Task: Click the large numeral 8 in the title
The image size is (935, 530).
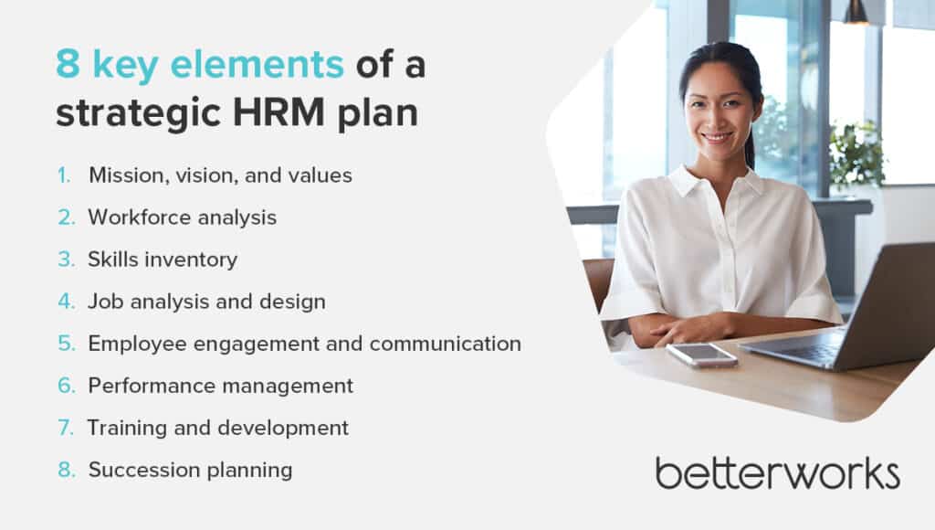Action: [x=68, y=64]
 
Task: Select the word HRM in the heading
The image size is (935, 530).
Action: [x=278, y=111]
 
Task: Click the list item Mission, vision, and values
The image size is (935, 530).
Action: [x=220, y=175]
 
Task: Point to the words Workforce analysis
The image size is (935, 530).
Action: [x=183, y=217]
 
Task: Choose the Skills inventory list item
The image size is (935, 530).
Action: [x=163, y=260]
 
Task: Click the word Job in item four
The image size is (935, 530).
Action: [x=106, y=302]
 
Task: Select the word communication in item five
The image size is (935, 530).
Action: [x=446, y=344]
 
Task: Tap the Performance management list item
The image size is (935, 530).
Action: [x=221, y=387]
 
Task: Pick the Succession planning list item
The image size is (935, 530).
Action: [x=190, y=471]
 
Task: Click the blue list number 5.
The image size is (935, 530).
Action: [x=66, y=344]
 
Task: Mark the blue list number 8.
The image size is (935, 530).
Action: [x=66, y=470]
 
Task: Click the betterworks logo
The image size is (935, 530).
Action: [x=778, y=473]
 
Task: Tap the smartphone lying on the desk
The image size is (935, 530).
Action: [x=702, y=355]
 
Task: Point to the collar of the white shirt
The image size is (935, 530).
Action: [x=716, y=182]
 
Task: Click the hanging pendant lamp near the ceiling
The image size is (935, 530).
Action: [x=856, y=12]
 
